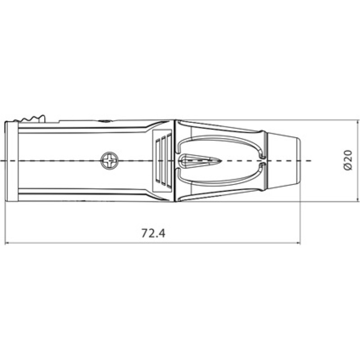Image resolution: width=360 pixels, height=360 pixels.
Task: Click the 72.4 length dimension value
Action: pos(153,233)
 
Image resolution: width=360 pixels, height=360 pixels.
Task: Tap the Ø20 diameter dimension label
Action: pos(348,160)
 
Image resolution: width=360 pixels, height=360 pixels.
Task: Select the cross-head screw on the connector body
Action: pos(109,161)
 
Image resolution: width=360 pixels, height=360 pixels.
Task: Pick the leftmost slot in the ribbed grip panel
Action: pos(158,161)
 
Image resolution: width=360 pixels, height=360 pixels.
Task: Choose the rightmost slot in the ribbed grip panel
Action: pos(169,161)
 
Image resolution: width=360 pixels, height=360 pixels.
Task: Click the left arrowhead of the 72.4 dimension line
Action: pos(6,243)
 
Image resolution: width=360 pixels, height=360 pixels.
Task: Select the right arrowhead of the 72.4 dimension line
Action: pos(298,243)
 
